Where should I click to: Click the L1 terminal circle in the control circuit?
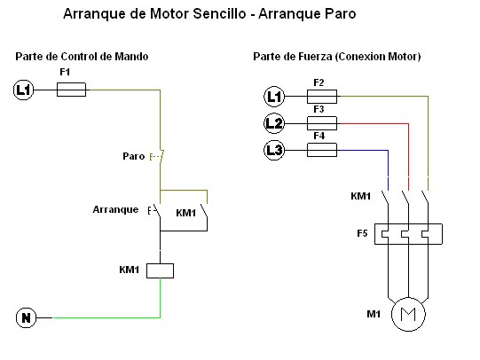[x=23, y=89]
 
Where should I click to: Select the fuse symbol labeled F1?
[x=71, y=89]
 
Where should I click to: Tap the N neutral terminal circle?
[x=26, y=317]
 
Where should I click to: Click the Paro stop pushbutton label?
[x=133, y=156]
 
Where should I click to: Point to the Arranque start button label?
[x=115, y=210]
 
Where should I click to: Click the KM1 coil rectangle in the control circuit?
[x=160, y=270]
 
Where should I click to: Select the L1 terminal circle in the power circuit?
[x=274, y=97]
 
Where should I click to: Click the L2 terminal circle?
[x=274, y=123]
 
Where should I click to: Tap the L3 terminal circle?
[x=274, y=150]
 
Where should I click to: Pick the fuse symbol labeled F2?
[x=320, y=97]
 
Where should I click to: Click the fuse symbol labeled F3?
[x=320, y=123]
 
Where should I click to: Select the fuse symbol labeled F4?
[x=320, y=150]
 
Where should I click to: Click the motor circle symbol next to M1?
[x=409, y=313]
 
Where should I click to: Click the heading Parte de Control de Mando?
[x=82, y=57]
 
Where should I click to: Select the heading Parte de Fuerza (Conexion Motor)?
[x=336, y=57]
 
